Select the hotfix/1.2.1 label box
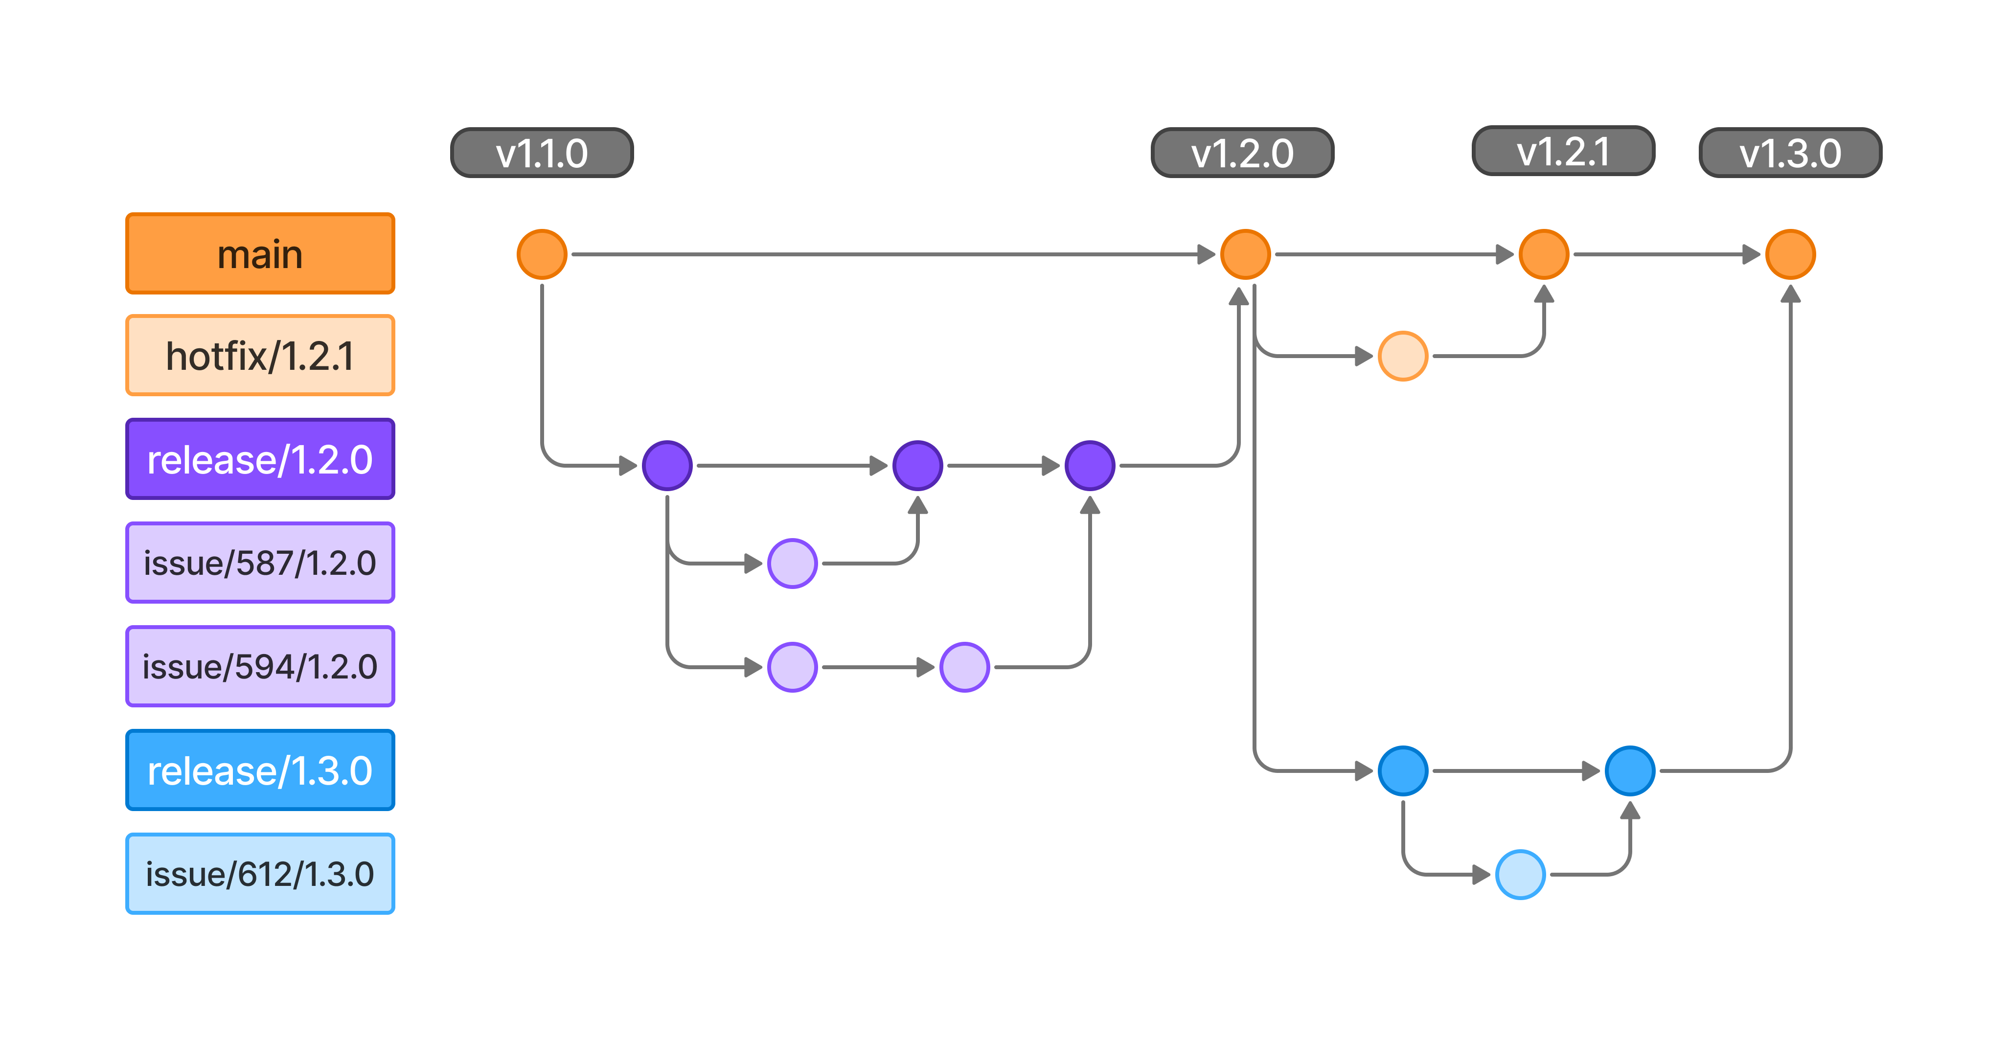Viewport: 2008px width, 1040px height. click(x=260, y=356)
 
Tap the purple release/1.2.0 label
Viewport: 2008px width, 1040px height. click(x=260, y=459)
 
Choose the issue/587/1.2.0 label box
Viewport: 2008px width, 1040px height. click(x=260, y=563)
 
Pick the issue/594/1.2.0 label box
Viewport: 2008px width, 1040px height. click(x=260, y=667)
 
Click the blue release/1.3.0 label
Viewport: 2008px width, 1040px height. click(x=260, y=770)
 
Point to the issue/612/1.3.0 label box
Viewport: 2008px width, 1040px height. click(x=260, y=874)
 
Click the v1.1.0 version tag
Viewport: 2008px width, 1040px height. click(x=542, y=153)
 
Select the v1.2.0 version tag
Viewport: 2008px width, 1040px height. click(x=1243, y=153)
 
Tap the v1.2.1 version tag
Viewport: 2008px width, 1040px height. click(x=1563, y=151)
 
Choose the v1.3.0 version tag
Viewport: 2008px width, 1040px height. click(x=1791, y=153)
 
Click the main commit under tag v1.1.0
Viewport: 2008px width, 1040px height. click(x=542, y=254)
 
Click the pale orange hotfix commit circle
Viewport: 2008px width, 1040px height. click(x=1403, y=356)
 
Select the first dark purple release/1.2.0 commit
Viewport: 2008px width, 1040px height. click(x=667, y=465)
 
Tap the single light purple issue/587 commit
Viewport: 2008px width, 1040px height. click(x=792, y=563)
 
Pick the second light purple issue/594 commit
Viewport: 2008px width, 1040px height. click(x=964, y=667)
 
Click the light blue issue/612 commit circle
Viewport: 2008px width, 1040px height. click(x=1520, y=875)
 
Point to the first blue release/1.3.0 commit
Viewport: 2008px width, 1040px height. click(x=1403, y=771)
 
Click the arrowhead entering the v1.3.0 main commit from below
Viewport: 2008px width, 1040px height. click(x=1791, y=294)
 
